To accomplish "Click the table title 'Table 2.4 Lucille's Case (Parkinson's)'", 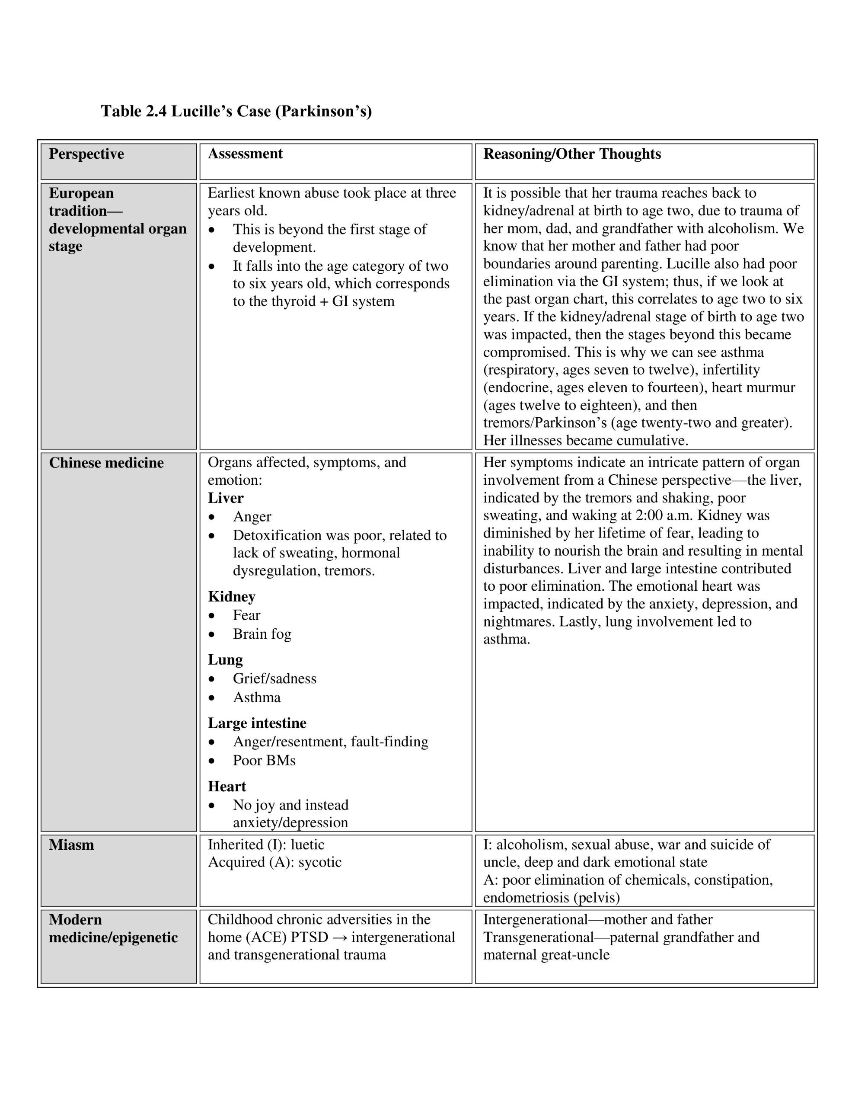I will pyautogui.click(x=236, y=111).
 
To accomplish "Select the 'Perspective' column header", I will pyautogui.click(x=86, y=154).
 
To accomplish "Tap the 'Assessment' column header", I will pyautogui.click(x=245, y=154).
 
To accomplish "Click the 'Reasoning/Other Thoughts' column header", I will pyautogui.click(x=572, y=154).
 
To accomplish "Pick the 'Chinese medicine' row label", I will pyautogui.click(x=106, y=463).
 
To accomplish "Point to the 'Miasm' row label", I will pyautogui.click(x=71, y=845).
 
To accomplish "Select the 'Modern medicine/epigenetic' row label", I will pyautogui.click(x=113, y=928).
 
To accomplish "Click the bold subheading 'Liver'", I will pyautogui.click(x=226, y=498).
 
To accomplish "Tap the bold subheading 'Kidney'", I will pyautogui.click(x=232, y=597).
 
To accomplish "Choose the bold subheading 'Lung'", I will pyautogui.click(x=225, y=660).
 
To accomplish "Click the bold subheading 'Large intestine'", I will pyautogui.click(x=257, y=723).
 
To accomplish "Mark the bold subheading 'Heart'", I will pyautogui.click(x=227, y=787).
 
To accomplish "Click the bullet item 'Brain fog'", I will pyautogui.click(x=262, y=634).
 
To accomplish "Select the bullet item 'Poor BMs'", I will pyautogui.click(x=264, y=760).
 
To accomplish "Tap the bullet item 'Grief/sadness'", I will pyautogui.click(x=274, y=679).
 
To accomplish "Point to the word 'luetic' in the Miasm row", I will pyautogui.click(x=307, y=845).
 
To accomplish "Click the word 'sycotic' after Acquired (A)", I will pyautogui.click(x=320, y=862).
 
